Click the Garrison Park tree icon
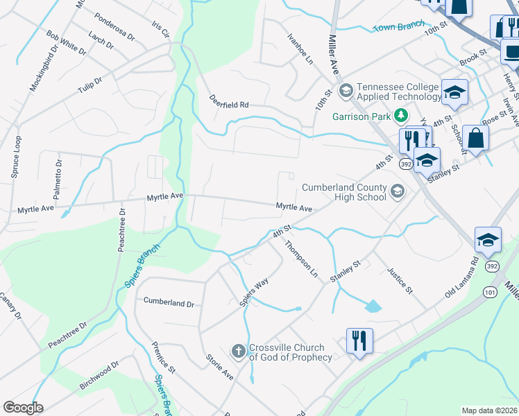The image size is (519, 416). [x=400, y=114]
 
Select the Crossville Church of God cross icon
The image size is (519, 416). [x=238, y=352]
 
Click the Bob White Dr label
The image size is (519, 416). [x=67, y=43]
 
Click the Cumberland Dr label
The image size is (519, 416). [x=169, y=303]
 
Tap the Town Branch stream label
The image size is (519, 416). [x=399, y=26]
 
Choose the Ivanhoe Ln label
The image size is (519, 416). [x=300, y=50]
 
